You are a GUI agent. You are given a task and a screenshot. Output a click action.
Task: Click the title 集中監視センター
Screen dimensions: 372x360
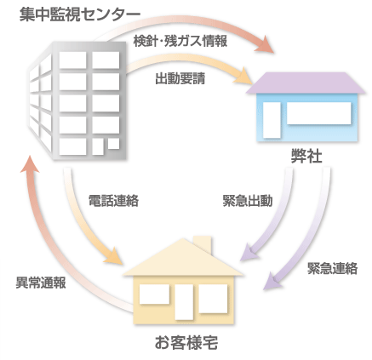pyautogui.click(x=80, y=14)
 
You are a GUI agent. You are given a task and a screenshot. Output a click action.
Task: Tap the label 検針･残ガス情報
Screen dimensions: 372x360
pyautogui.click(x=180, y=42)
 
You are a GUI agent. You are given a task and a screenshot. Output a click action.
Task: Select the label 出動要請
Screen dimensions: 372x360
pyautogui.click(x=180, y=78)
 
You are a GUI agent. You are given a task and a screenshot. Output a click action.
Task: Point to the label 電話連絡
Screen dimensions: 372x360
pyautogui.click(x=113, y=201)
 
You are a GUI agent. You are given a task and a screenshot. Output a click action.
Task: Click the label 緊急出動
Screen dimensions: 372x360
pyautogui.click(x=248, y=201)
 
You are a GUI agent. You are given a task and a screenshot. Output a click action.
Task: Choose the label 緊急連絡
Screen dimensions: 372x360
pyautogui.click(x=332, y=268)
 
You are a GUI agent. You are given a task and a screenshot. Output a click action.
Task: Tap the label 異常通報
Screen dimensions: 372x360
pyautogui.click(x=41, y=283)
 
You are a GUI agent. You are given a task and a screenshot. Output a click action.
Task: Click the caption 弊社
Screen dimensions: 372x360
pyautogui.click(x=306, y=157)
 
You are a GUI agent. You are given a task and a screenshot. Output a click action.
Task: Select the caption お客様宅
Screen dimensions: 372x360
pyautogui.click(x=186, y=342)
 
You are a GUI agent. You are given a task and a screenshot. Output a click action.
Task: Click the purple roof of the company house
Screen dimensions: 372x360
pyautogui.click(x=306, y=83)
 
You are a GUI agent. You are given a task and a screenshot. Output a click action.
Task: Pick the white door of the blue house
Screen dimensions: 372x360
pyautogui.click(x=272, y=120)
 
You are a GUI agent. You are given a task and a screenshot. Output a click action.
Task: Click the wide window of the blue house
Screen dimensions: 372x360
pyautogui.click(x=318, y=113)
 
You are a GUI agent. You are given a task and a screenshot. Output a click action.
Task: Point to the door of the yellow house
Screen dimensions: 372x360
pyautogui.click(x=184, y=302)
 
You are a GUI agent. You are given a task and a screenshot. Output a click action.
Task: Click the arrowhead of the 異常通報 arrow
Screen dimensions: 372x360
pyautogui.click(x=30, y=164)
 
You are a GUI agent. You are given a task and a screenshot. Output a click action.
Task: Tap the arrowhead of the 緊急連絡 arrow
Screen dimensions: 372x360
pyautogui.click(x=272, y=282)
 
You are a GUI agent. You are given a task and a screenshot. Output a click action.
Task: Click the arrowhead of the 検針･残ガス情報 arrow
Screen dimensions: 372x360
pyautogui.click(x=265, y=44)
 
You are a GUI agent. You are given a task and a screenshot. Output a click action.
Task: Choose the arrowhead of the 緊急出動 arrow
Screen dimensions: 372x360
pyautogui.click(x=249, y=253)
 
